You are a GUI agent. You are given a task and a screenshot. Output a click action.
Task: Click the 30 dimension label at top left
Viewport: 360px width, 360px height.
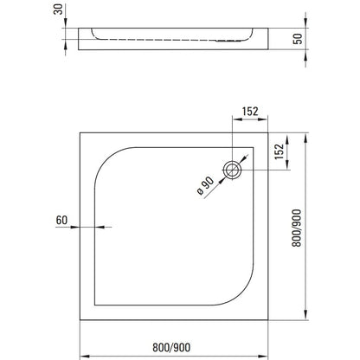pyautogui.click(x=59, y=10)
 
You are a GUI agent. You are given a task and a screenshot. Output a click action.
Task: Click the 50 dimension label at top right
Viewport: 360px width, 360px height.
pyautogui.click(x=298, y=39)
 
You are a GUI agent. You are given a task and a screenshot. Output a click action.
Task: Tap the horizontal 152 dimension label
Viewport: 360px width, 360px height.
pyautogui.click(x=250, y=112)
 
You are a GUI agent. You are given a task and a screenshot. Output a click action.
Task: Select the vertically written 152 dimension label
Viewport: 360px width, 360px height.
pyautogui.click(x=279, y=151)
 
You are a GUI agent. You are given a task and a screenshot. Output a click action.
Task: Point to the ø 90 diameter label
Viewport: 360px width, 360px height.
pyautogui.click(x=206, y=186)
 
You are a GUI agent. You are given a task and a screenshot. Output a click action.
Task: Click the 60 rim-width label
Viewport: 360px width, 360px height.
pyautogui.click(x=61, y=221)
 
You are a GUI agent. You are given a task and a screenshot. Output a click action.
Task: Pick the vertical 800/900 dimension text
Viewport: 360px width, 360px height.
pyautogui.click(x=297, y=228)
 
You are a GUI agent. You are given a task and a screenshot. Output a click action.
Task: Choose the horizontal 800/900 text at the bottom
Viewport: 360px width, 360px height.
pyautogui.click(x=171, y=347)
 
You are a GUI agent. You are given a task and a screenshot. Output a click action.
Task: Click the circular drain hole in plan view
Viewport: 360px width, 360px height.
pyautogui.click(x=232, y=170)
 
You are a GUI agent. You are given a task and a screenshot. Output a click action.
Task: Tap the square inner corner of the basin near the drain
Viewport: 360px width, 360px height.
pyautogui.click(x=254, y=148)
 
